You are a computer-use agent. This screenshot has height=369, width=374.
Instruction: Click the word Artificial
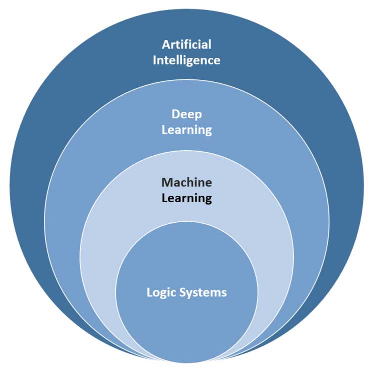pos(186,44)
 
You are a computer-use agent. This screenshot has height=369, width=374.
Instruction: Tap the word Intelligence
pos(186,60)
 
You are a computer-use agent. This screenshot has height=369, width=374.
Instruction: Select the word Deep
pos(186,114)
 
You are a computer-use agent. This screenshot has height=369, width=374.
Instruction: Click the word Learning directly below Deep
pos(186,130)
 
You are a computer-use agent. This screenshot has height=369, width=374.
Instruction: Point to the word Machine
pos(186,182)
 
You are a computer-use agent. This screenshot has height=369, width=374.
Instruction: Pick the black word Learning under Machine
pos(186,198)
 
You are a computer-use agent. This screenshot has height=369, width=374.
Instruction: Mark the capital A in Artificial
pos(166,44)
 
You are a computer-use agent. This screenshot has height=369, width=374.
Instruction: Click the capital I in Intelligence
pos(155,60)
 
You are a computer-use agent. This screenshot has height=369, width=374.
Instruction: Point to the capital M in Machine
pos(166,182)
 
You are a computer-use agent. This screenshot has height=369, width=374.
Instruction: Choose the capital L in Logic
pos(149,293)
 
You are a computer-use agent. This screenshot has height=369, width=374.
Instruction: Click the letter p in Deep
pos(198,115)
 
